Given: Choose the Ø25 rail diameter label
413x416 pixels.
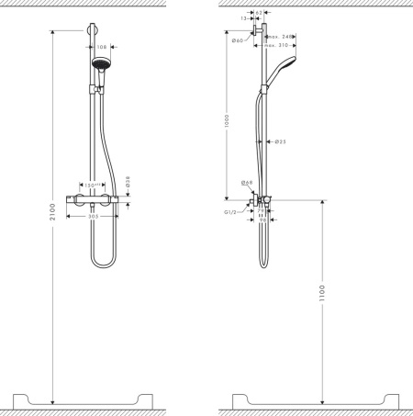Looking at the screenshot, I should tap(280, 141).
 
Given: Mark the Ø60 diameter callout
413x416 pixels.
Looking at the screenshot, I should tap(237, 41).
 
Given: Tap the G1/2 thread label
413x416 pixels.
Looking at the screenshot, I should tap(232, 211).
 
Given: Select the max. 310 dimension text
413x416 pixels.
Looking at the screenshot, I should tap(276, 44).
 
